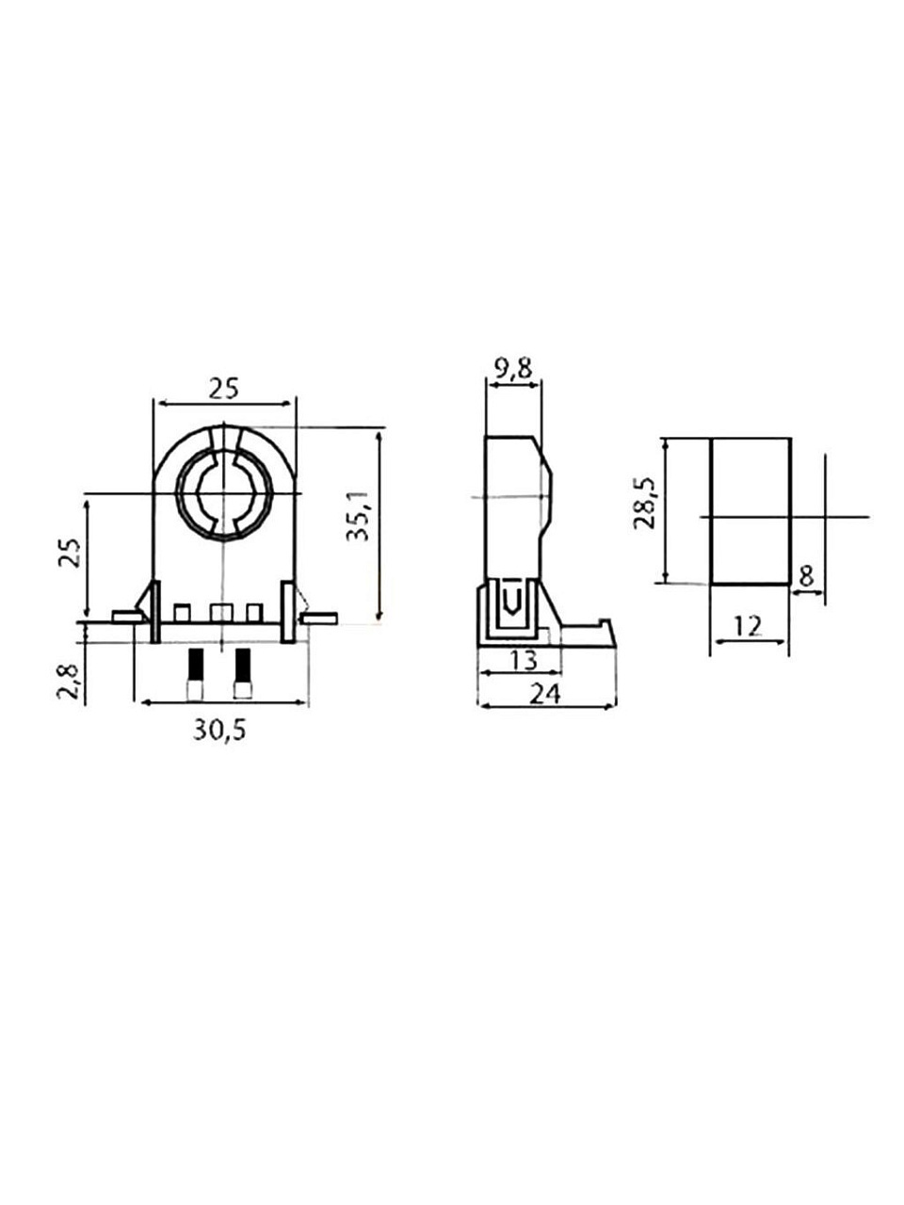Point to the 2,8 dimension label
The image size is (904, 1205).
(x=69, y=682)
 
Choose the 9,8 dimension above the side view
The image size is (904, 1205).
(x=513, y=369)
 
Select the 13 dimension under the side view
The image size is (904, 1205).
(x=524, y=660)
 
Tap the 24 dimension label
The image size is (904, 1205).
(x=545, y=695)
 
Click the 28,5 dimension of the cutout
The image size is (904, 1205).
(x=644, y=504)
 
